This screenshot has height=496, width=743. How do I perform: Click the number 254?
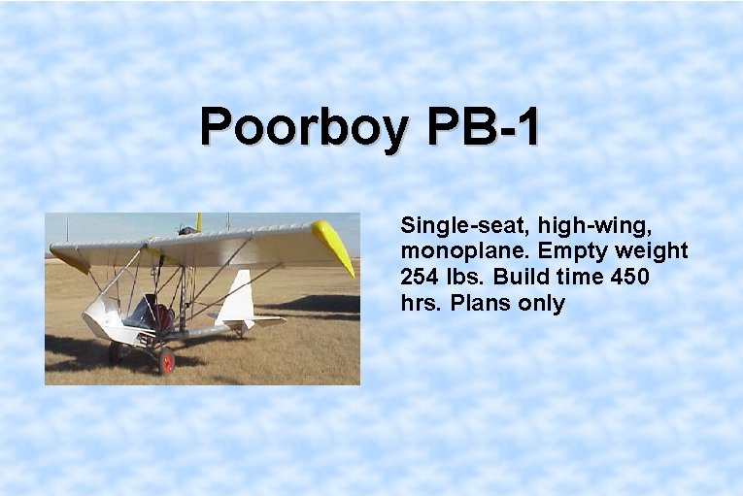click(421, 277)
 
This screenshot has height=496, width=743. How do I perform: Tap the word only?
click(543, 303)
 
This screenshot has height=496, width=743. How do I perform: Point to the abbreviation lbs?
click(466, 277)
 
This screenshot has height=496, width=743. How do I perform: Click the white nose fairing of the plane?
click(102, 316)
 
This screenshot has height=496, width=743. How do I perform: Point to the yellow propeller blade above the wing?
click(199, 222)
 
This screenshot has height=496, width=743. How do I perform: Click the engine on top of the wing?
click(186, 231)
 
